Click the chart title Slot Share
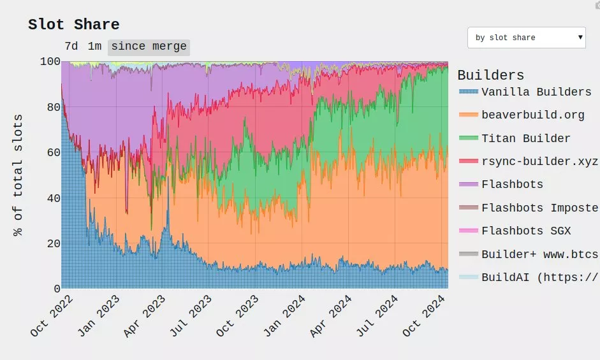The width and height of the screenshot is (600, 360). tap(73, 25)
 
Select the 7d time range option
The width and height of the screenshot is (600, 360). tap(71, 47)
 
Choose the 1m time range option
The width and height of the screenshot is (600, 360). tap(94, 47)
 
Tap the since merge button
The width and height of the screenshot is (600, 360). tap(149, 47)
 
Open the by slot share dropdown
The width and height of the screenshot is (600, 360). tap(527, 38)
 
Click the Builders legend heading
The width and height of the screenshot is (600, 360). tap(490, 75)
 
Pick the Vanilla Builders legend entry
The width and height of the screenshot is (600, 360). tap(536, 92)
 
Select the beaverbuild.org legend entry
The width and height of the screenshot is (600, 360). tap(532, 115)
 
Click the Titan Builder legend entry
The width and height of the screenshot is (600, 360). tap(525, 138)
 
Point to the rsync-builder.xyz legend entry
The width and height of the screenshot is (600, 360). tap(539, 161)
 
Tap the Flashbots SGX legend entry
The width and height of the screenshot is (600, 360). tap(525, 231)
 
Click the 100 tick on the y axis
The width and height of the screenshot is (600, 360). tap(50, 61)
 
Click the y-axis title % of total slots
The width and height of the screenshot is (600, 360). tap(18, 175)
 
